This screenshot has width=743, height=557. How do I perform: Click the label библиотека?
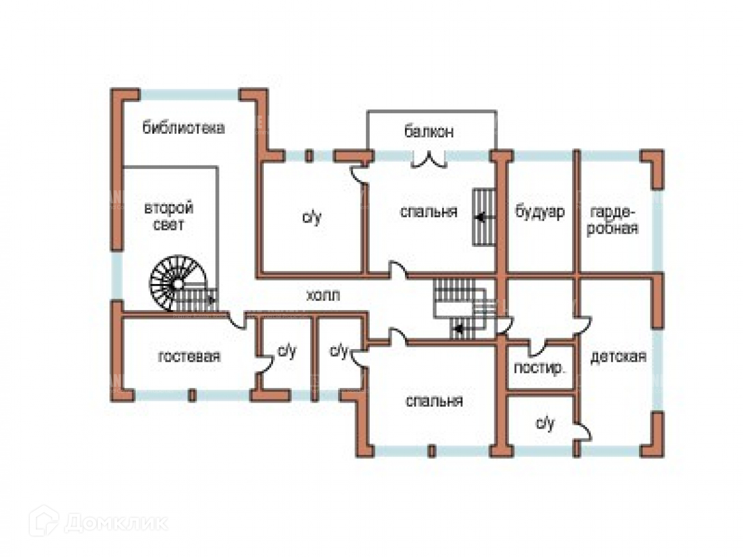(x=183, y=128)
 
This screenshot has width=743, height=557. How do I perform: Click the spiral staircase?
(x=178, y=283)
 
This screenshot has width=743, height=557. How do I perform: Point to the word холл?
(x=323, y=296)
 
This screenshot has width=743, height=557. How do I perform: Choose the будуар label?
(x=539, y=212)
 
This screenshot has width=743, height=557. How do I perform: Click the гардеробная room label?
(x=612, y=220)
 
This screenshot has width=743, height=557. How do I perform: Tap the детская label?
(x=618, y=357)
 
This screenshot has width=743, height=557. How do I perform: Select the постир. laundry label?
(x=539, y=368)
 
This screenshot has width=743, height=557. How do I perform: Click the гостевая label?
(x=189, y=356)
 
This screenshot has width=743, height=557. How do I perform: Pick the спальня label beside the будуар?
(x=429, y=212)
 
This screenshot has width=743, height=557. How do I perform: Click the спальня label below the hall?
(x=434, y=401)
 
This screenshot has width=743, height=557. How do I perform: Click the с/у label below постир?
(x=545, y=423)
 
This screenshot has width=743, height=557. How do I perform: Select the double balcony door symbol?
(x=428, y=160)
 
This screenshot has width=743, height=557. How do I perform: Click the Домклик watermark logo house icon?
(x=43, y=522)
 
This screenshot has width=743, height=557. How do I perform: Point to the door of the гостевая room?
(x=237, y=320)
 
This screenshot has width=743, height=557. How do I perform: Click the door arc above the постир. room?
(x=537, y=347)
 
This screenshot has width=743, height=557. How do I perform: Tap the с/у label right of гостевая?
(x=287, y=351)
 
